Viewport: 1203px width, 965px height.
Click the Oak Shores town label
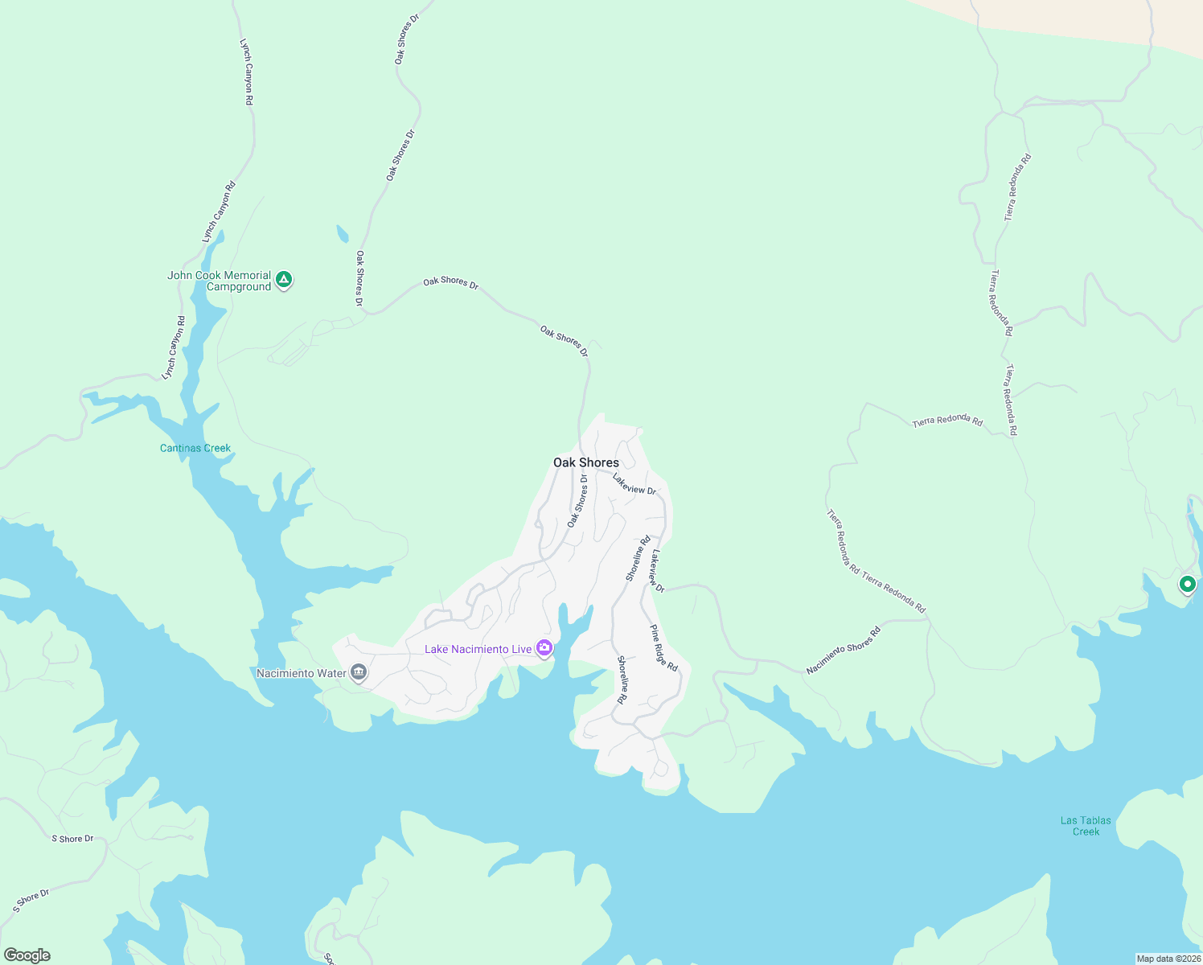586,462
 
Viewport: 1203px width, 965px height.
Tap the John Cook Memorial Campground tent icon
283,280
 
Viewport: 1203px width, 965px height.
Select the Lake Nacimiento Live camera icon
544,648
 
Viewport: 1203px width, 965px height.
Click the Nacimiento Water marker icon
359,672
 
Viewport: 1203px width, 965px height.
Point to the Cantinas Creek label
195,448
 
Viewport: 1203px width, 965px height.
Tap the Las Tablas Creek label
1086,826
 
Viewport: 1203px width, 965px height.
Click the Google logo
27,955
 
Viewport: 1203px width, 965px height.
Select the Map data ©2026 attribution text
1168,959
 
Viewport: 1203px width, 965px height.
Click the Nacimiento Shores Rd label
844,651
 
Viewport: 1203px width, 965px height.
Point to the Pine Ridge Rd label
664,648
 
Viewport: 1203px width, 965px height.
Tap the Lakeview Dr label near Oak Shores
634,483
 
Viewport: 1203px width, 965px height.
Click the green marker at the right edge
1187,585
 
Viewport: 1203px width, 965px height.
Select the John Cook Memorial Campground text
219,281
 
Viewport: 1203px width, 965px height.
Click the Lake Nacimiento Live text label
478,649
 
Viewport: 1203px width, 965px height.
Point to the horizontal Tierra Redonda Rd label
947,421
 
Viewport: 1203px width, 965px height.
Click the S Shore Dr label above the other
72,839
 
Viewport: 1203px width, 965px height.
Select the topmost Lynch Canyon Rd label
247,72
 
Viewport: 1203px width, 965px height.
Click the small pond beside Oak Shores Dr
343,233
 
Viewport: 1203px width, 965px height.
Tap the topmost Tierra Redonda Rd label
1017,187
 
